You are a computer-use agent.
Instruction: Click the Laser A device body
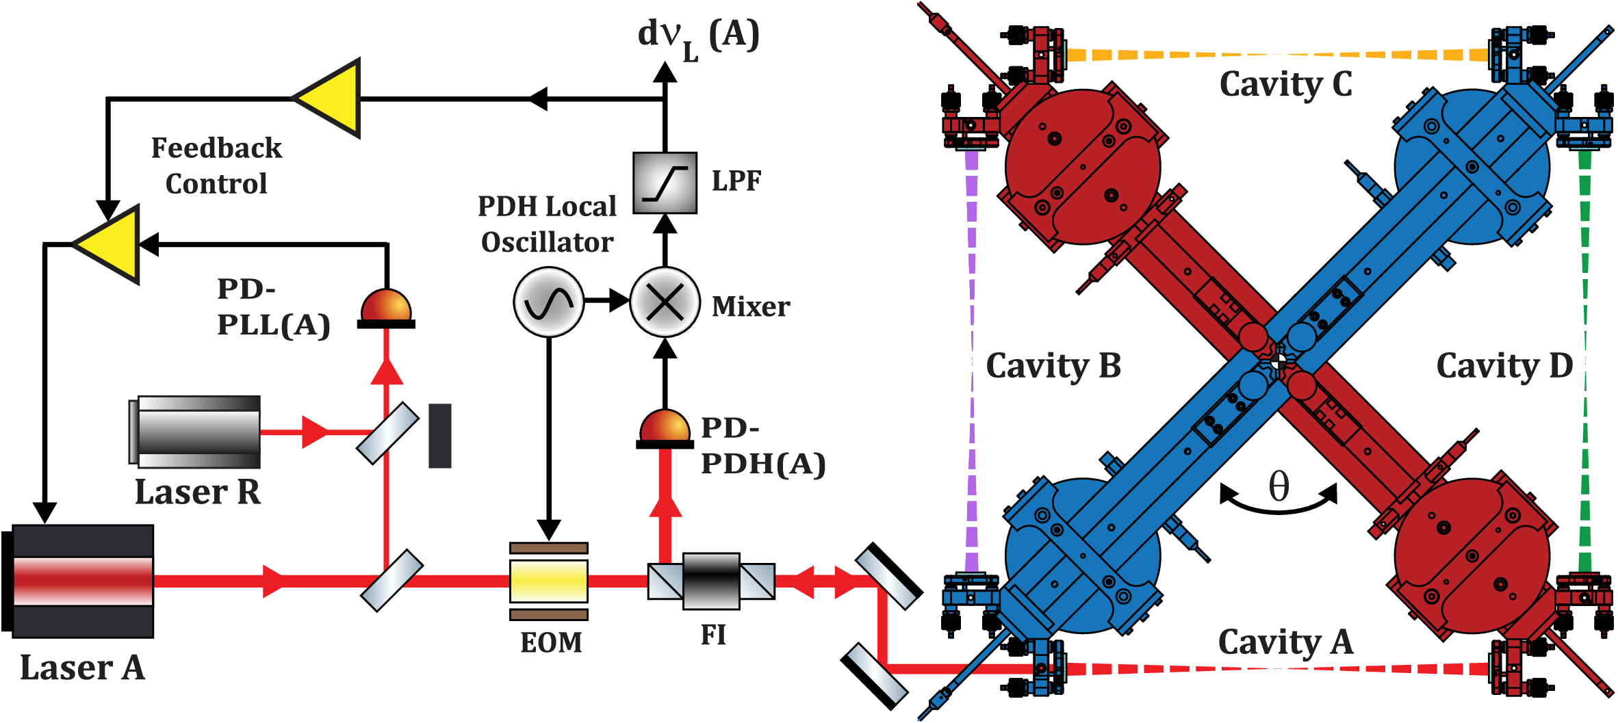pos(82,581)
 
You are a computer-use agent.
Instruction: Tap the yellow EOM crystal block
pos(548,581)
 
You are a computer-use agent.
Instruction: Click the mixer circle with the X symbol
pos(665,302)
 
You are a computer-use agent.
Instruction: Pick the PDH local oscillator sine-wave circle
pos(548,302)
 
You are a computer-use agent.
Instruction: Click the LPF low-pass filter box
pos(665,183)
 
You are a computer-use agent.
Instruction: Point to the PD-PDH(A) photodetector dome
pos(665,427)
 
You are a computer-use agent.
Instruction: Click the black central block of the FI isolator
pos(711,581)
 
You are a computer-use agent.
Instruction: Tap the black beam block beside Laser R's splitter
pos(439,436)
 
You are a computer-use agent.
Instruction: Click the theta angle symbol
pos(1279,487)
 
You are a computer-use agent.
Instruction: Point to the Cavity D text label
pos(1504,366)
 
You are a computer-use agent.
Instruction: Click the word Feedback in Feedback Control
pos(216,148)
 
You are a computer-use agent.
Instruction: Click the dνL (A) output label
pos(698,36)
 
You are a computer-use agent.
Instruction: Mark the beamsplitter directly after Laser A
pos(392,581)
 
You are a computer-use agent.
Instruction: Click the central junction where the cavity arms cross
pos(1278,361)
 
